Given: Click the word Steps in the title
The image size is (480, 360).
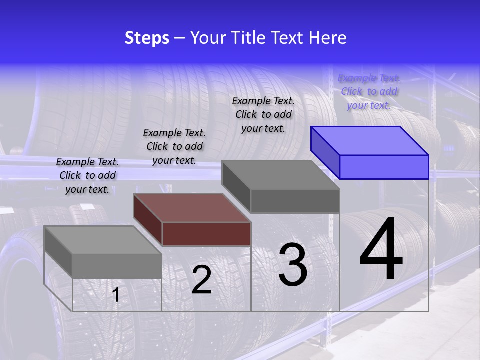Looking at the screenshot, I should (147, 38).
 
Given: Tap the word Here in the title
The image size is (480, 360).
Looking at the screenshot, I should (327, 38).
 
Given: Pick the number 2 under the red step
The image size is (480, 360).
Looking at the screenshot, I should (202, 280).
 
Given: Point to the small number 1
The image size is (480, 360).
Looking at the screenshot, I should (116, 295).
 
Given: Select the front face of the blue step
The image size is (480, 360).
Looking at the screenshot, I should (384, 167).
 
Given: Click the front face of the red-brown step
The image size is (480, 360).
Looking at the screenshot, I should (206, 234).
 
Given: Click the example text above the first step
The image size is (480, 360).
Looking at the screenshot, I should (87, 175).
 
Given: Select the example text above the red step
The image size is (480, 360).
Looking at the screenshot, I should (174, 146).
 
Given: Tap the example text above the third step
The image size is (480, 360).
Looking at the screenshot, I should (263, 114).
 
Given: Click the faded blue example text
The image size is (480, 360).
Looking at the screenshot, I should (369, 91).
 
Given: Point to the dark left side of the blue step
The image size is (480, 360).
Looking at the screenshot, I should (325, 152).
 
